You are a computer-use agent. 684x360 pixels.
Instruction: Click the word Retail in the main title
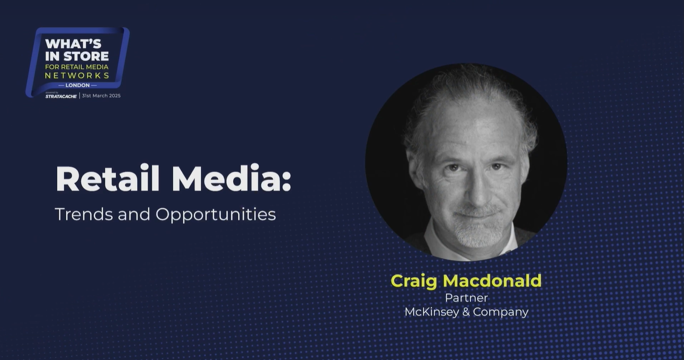click(108, 179)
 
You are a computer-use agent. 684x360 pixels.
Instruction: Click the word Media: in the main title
click(232, 179)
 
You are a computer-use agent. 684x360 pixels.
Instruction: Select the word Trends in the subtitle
click(84, 214)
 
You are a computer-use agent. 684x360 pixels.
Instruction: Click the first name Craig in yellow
click(414, 282)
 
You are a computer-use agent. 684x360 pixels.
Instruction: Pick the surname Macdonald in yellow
click(492, 280)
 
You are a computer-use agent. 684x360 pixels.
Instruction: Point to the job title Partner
click(466, 297)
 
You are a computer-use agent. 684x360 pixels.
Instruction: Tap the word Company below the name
click(501, 313)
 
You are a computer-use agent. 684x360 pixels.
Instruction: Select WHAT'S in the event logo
click(73, 43)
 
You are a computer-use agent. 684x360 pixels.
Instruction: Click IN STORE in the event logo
click(77, 56)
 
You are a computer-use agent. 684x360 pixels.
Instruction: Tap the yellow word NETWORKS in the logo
click(77, 75)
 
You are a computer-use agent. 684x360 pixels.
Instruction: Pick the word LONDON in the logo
click(77, 85)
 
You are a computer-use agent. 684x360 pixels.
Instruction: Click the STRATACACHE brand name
click(61, 96)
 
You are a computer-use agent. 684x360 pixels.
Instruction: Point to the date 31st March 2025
click(101, 95)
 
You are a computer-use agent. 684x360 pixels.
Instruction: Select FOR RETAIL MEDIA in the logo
click(77, 67)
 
